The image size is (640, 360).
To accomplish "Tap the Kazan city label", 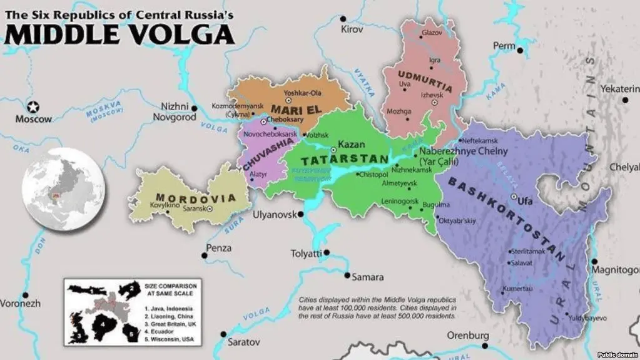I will click(x=351, y=145).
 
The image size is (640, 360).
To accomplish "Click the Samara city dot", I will click(x=347, y=275).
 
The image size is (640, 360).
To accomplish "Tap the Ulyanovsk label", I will click(x=273, y=215).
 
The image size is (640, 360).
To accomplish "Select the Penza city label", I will click(x=219, y=249).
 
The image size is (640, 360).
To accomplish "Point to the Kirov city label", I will click(x=352, y=29).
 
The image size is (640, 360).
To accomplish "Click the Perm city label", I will click(x=504, y=46).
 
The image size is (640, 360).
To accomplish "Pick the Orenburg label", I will click(x=467, y=336).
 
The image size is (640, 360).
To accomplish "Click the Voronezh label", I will click(x=20, y=303).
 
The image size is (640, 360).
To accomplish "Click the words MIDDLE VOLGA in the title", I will click(x=119, y=34).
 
